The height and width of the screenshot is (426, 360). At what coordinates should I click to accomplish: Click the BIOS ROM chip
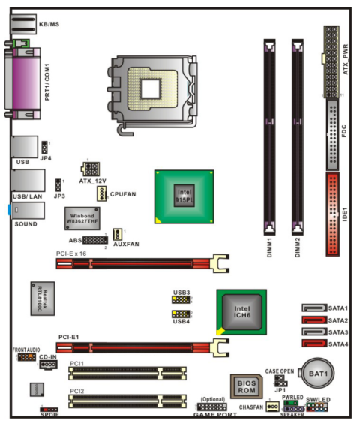tap(247, 386)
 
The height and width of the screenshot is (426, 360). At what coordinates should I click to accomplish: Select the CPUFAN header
tap(101, 194)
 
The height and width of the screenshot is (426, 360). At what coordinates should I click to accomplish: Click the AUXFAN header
tap(118, 235)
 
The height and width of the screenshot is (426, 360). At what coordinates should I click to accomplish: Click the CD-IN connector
tap(48, 365)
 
